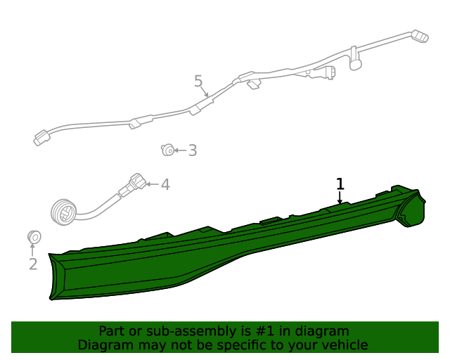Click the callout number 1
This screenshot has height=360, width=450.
[340, 184]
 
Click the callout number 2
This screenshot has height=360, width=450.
[33, 264]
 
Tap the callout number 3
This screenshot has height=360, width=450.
[193, 150]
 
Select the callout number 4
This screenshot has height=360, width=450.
[165, 184]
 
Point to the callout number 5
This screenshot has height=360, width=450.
[198, 81]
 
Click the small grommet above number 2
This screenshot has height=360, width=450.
[34, 237]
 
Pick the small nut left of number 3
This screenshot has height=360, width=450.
[167, 150]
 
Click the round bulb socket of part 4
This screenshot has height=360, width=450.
[64, 212]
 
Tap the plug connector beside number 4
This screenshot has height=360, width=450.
[138, 181]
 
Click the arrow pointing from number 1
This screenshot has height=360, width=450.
[340, 198]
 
